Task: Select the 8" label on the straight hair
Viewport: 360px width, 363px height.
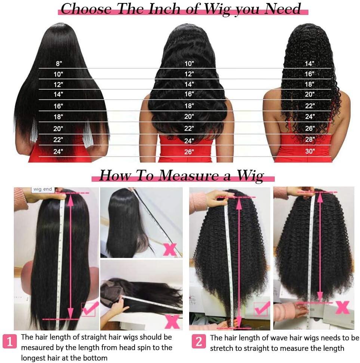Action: click(59, 64)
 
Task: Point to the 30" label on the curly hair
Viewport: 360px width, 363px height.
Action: click(310, 151)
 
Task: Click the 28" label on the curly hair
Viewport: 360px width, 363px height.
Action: click(310, 139)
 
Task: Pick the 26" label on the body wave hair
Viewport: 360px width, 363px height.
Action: click(189, 151)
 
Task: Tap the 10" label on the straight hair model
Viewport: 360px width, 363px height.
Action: click(59, 74)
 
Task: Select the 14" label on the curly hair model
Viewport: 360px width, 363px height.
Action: click(310, 64)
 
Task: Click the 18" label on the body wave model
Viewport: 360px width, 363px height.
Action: click(189, 106)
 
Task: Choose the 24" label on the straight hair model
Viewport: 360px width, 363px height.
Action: click(58, 151)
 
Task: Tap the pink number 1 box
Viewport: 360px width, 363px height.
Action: click(10, 341)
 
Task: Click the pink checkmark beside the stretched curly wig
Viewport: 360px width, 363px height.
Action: click(262, 309)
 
